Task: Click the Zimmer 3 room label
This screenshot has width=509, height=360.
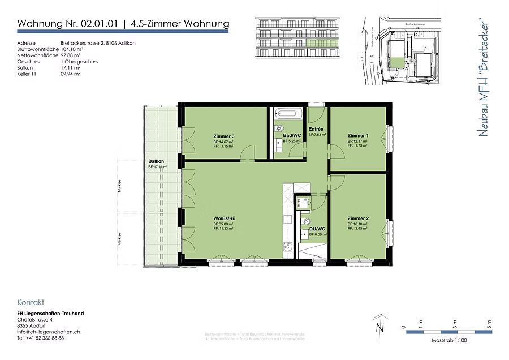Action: click(224, 136)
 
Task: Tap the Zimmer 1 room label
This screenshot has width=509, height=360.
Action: click(358, 136)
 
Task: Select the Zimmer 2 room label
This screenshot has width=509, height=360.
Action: click(358, 218)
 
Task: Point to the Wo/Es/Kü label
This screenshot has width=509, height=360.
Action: click(224, 218)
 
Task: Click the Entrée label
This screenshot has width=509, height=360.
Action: click(316, 130)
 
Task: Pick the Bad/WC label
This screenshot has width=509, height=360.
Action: click(291, 136)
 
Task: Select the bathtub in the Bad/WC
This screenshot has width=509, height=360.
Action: click(289, 113)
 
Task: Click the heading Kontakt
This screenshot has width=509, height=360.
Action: click(31, 302)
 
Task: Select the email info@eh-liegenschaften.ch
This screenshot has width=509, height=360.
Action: click(48, 332)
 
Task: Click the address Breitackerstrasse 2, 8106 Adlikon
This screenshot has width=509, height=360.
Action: click(97, 43)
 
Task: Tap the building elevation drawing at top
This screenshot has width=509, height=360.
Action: click(300, 36)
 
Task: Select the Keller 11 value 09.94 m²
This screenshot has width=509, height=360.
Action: click(71, 74)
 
